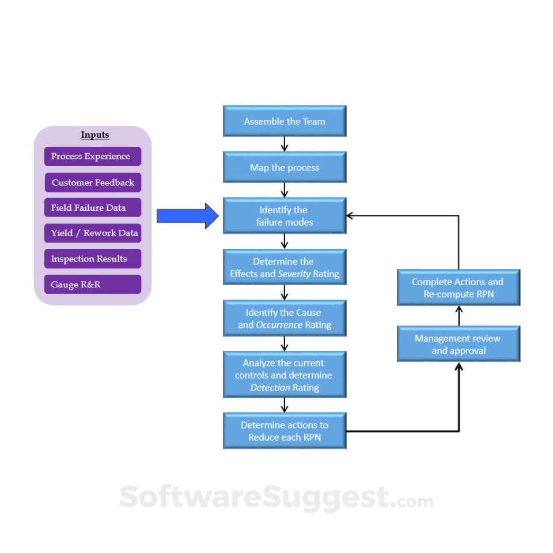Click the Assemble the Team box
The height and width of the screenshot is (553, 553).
point(285,122)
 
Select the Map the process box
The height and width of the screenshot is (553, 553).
point(285,168)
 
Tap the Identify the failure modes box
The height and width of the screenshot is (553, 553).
point(285,216)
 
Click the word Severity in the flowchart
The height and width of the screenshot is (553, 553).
point(294,274)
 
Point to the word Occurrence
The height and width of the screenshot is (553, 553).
point(279,325)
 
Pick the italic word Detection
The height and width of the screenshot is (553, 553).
point(270,388)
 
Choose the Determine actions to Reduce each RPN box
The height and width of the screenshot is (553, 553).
point(285,431)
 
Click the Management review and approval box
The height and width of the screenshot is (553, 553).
point(458,344)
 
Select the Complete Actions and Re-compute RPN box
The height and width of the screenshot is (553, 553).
point(458,287)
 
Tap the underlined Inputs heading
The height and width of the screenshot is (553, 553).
point(95,135)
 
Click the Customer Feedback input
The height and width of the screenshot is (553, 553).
point(93,183)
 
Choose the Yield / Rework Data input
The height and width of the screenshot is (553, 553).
point(93,233)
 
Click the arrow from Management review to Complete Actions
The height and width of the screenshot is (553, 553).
point(459,315)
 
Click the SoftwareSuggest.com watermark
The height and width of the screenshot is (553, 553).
point(276,498)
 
